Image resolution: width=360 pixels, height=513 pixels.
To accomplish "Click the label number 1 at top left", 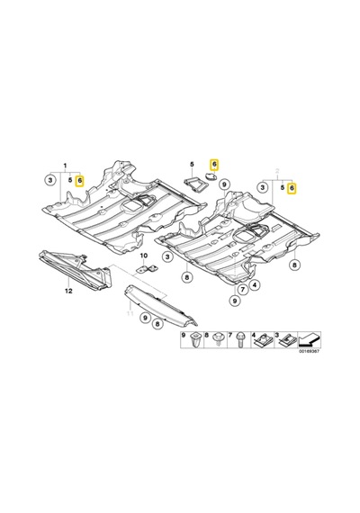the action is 65,166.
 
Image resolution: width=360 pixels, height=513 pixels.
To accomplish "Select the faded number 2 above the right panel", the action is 278,170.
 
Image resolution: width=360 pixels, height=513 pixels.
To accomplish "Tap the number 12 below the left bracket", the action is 68,291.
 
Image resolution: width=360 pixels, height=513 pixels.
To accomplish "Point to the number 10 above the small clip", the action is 144,256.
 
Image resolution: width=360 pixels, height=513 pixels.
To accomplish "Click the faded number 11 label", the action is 130,314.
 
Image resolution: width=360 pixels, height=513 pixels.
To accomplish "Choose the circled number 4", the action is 255,285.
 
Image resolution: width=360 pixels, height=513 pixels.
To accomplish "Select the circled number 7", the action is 242,289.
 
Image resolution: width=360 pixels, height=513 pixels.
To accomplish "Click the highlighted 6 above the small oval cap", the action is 214,165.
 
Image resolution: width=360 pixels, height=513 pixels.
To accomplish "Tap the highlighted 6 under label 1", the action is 79,180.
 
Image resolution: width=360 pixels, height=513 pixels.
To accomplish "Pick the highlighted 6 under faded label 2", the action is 292,188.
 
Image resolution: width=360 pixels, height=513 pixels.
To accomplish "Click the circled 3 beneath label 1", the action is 49,180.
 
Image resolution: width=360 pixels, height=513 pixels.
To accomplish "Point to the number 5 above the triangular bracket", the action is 192,164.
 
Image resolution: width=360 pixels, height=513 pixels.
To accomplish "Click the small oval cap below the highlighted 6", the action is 210,176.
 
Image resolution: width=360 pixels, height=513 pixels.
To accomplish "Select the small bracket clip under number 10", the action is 147,269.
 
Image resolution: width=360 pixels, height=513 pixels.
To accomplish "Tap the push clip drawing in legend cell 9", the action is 195,339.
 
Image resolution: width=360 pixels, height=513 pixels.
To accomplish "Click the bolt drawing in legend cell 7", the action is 241,339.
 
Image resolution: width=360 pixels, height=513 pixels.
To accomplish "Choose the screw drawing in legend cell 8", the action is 217,338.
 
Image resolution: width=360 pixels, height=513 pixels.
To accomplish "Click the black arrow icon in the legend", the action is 309,339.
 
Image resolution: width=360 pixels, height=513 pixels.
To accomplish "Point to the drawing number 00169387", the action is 309,351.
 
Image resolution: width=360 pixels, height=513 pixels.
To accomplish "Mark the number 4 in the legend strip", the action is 253,335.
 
